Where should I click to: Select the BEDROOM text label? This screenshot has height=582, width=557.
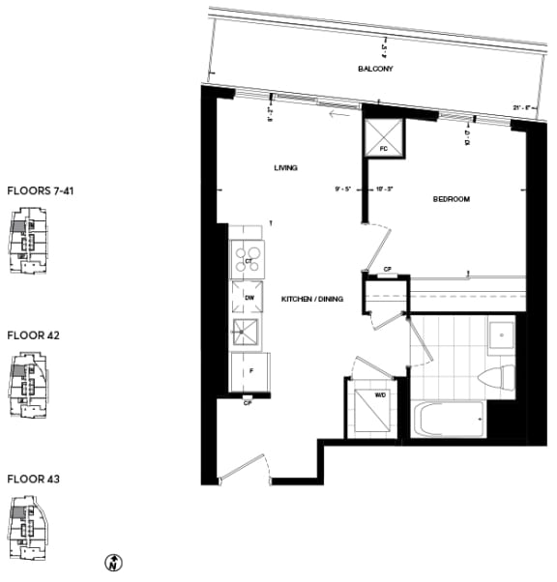(x=452, y=199)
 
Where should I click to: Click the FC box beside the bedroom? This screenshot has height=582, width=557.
(x=383, y=138)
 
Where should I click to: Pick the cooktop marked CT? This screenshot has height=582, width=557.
(x=248, y=260)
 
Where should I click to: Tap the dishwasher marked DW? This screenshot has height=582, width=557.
(x=248, y=299)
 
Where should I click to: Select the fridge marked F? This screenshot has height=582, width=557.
(x=249, y=370)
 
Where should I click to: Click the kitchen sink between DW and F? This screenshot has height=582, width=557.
(x=248, y=334)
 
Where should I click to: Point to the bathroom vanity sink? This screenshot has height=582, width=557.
(x=502, y=336)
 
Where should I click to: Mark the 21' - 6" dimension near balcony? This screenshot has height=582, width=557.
(x=523, y=107)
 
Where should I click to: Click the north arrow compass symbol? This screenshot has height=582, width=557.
(x=112, y=562)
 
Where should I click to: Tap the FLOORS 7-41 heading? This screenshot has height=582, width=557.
(x=40, y=191)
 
